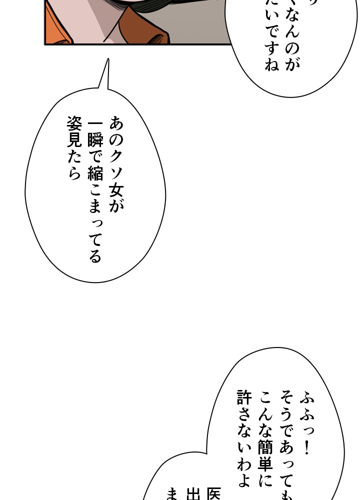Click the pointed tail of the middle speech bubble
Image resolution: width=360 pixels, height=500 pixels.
pyautogui.click(x=106, y=62)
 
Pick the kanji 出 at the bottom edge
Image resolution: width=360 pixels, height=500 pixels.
pyautogui.click(x=192, y=495)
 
